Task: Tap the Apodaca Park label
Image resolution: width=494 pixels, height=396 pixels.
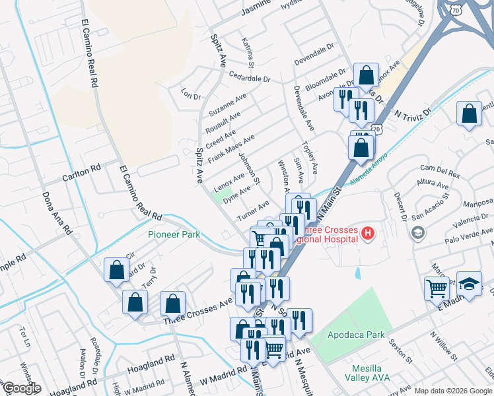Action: click(357, 335)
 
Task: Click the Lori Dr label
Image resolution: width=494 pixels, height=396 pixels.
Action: click(191, 96)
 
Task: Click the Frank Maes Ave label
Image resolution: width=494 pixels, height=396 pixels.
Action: click(230, 149)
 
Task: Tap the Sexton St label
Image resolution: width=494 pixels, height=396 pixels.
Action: click(400, 348)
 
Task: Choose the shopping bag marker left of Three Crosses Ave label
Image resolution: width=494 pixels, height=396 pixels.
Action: click(172, 303)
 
